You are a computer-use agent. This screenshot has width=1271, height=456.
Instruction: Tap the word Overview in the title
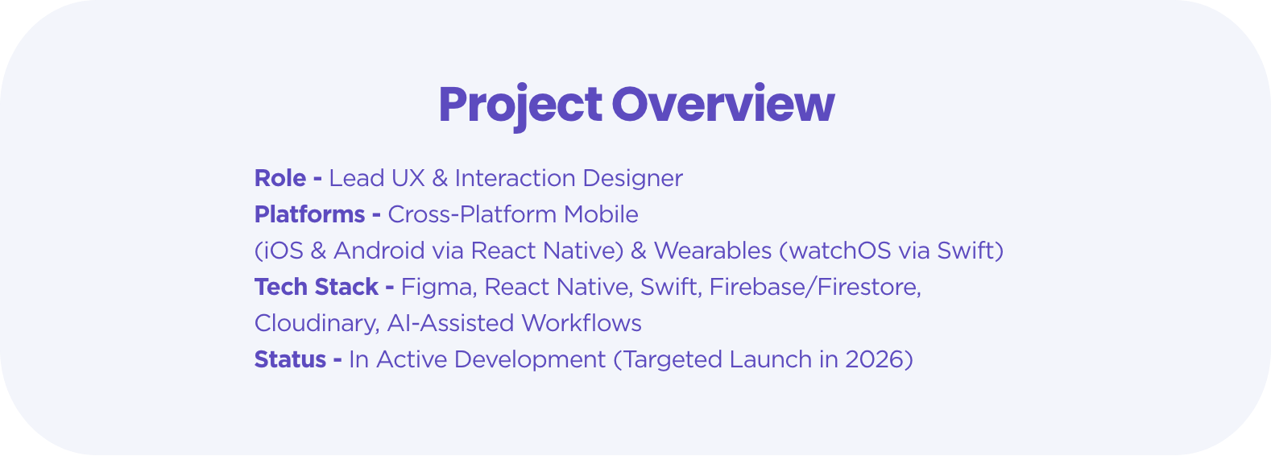pos(722,103)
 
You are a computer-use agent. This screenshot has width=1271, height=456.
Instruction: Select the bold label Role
pos(280,178)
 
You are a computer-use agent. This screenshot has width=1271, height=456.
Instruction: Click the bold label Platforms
pos(310,214)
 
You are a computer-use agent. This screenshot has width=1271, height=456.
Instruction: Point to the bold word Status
pos(291,359)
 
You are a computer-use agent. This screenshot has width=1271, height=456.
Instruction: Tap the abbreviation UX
pos(408,178)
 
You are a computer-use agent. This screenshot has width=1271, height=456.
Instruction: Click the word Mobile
pos(601,214)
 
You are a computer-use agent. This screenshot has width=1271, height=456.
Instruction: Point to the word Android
pos(379,251)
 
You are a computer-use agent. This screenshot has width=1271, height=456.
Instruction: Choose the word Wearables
pos(713,251)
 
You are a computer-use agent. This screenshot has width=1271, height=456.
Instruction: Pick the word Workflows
pos(582,323)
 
